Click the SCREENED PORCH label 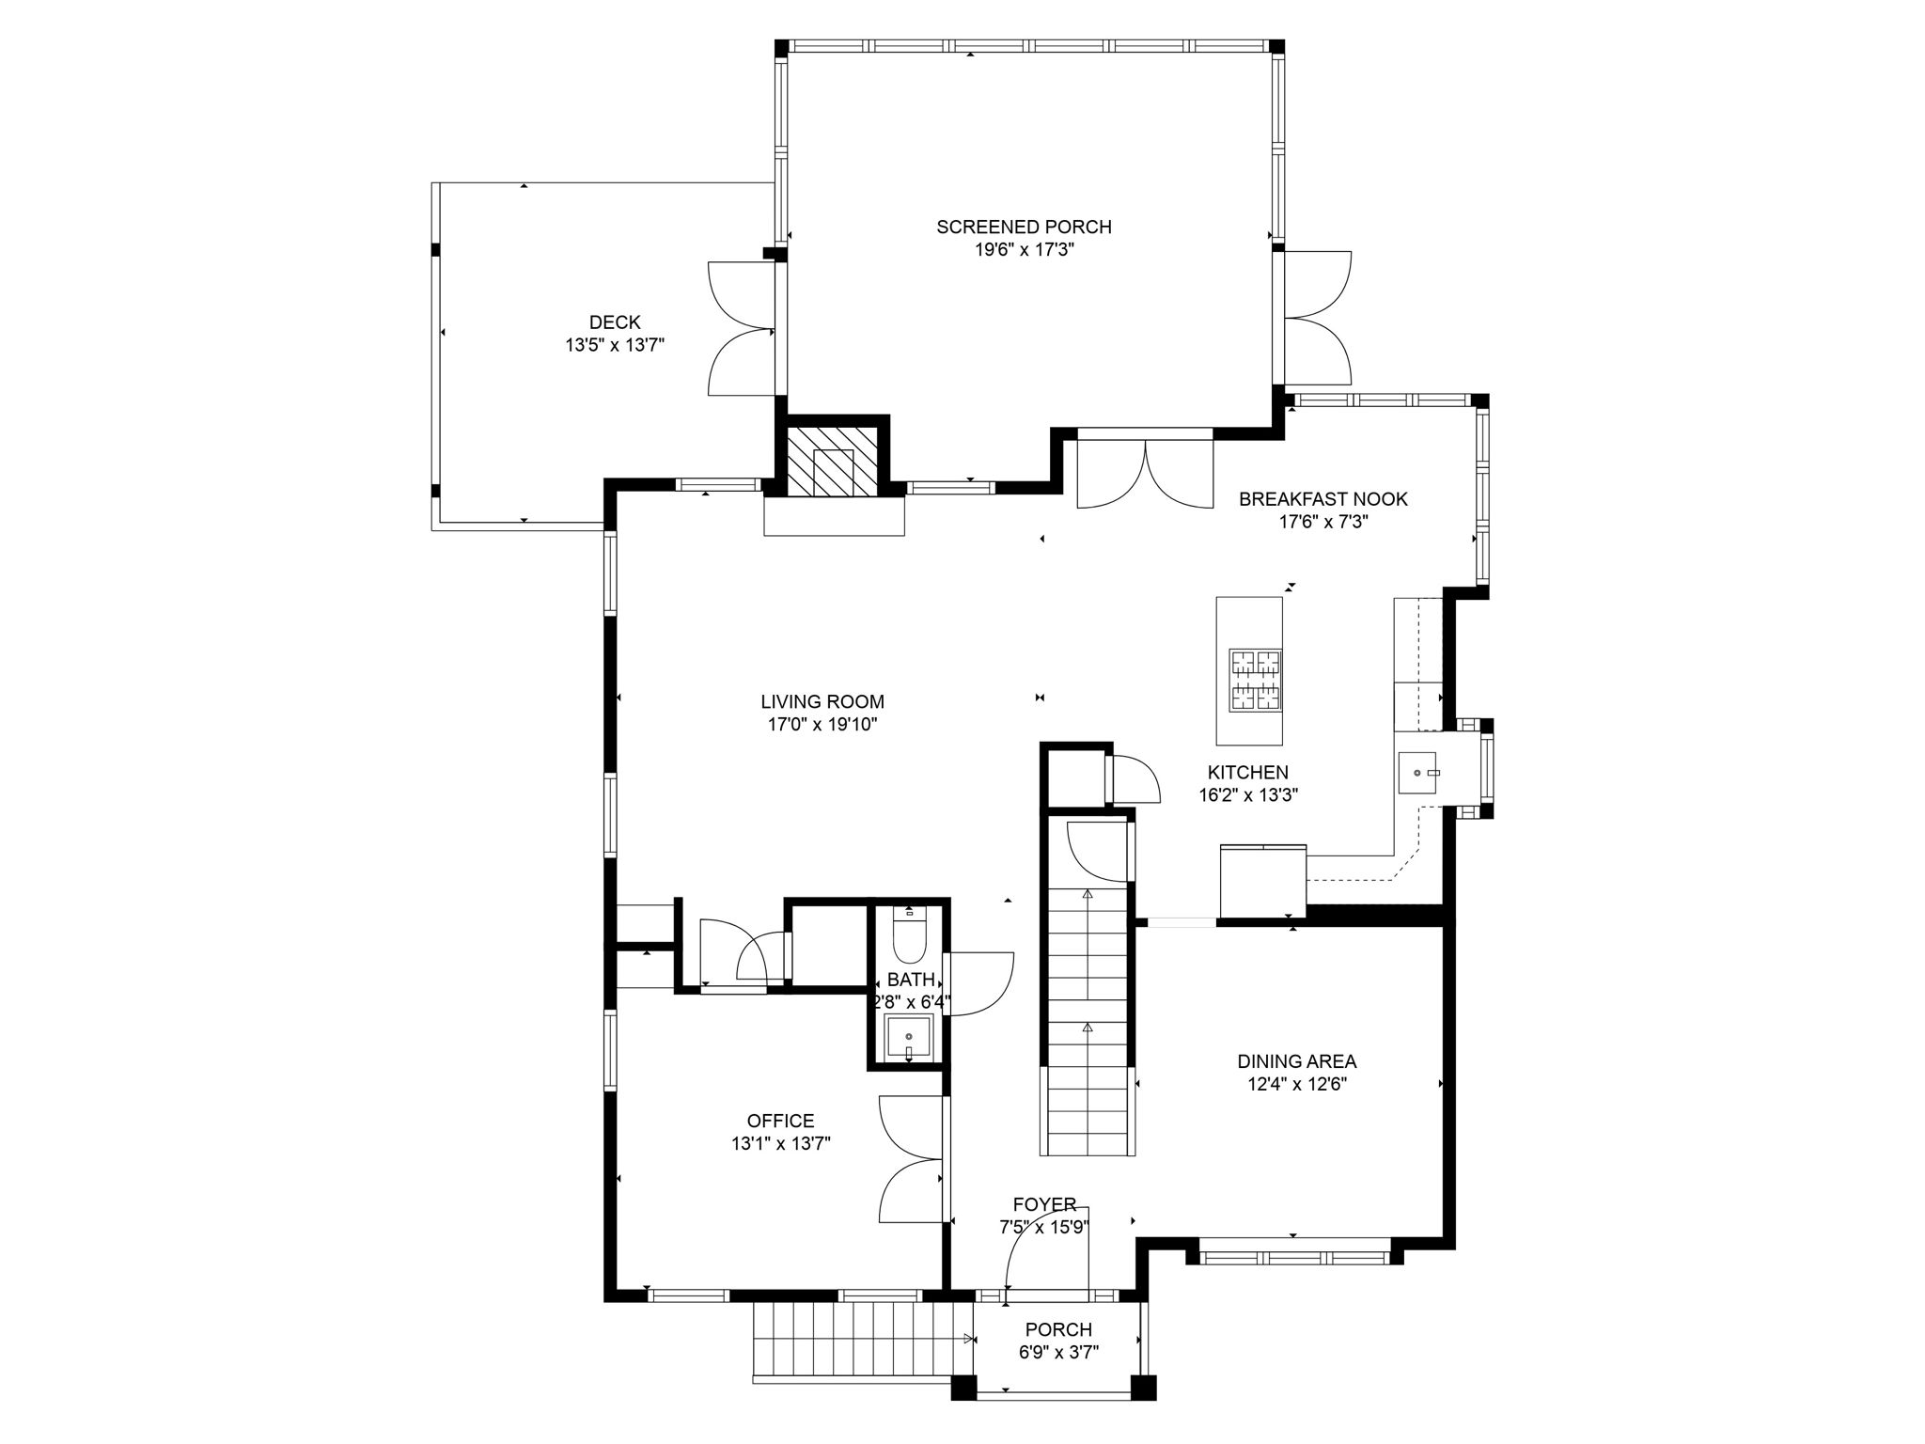(1024, 227)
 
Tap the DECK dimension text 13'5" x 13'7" (615, 345)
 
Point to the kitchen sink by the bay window (1418, 772)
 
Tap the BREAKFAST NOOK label (1322, 499)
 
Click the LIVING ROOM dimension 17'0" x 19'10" (822, 725)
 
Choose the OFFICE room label (780, 1121)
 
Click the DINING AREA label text (1296, 1061)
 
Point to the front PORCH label (1058, 1329)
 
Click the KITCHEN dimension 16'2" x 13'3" (1248, 795)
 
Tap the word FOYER (1044, 1205)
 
